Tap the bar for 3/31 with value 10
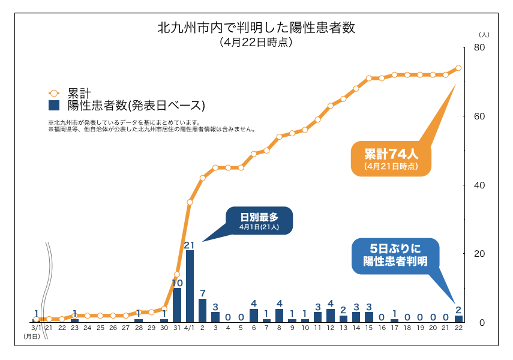[177, 305]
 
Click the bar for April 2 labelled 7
[203, 310]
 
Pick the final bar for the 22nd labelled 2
[458, 319]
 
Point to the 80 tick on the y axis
[479, 47]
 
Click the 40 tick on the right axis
[479, 185]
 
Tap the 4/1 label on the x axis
[190, 328]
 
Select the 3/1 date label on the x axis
[36, 328]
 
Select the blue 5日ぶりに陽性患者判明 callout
[395, 254]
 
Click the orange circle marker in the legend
[53, 93]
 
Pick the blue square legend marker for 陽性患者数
[53, 106]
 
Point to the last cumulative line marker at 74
[458, 68]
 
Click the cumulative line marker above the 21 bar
[190, 202]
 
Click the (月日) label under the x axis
[32, 337]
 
